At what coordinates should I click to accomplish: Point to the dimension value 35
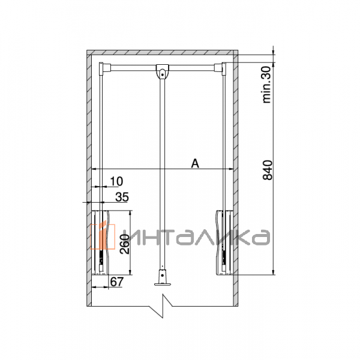click(x=122, y=196)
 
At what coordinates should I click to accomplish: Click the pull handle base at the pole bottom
click(x=161, y=280)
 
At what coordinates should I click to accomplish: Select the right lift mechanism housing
click(x=223, y=240)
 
